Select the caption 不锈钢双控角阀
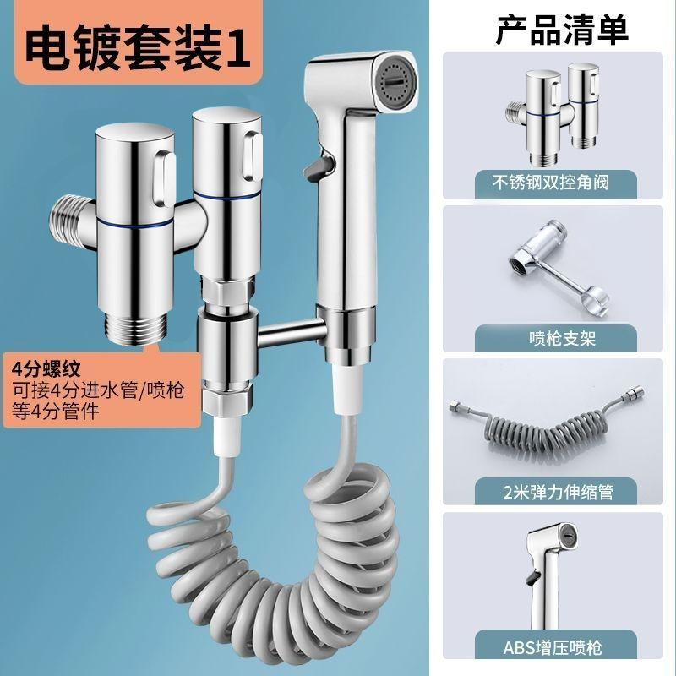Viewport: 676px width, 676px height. click(559, 180)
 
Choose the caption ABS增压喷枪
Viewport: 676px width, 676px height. click(559, 648)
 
